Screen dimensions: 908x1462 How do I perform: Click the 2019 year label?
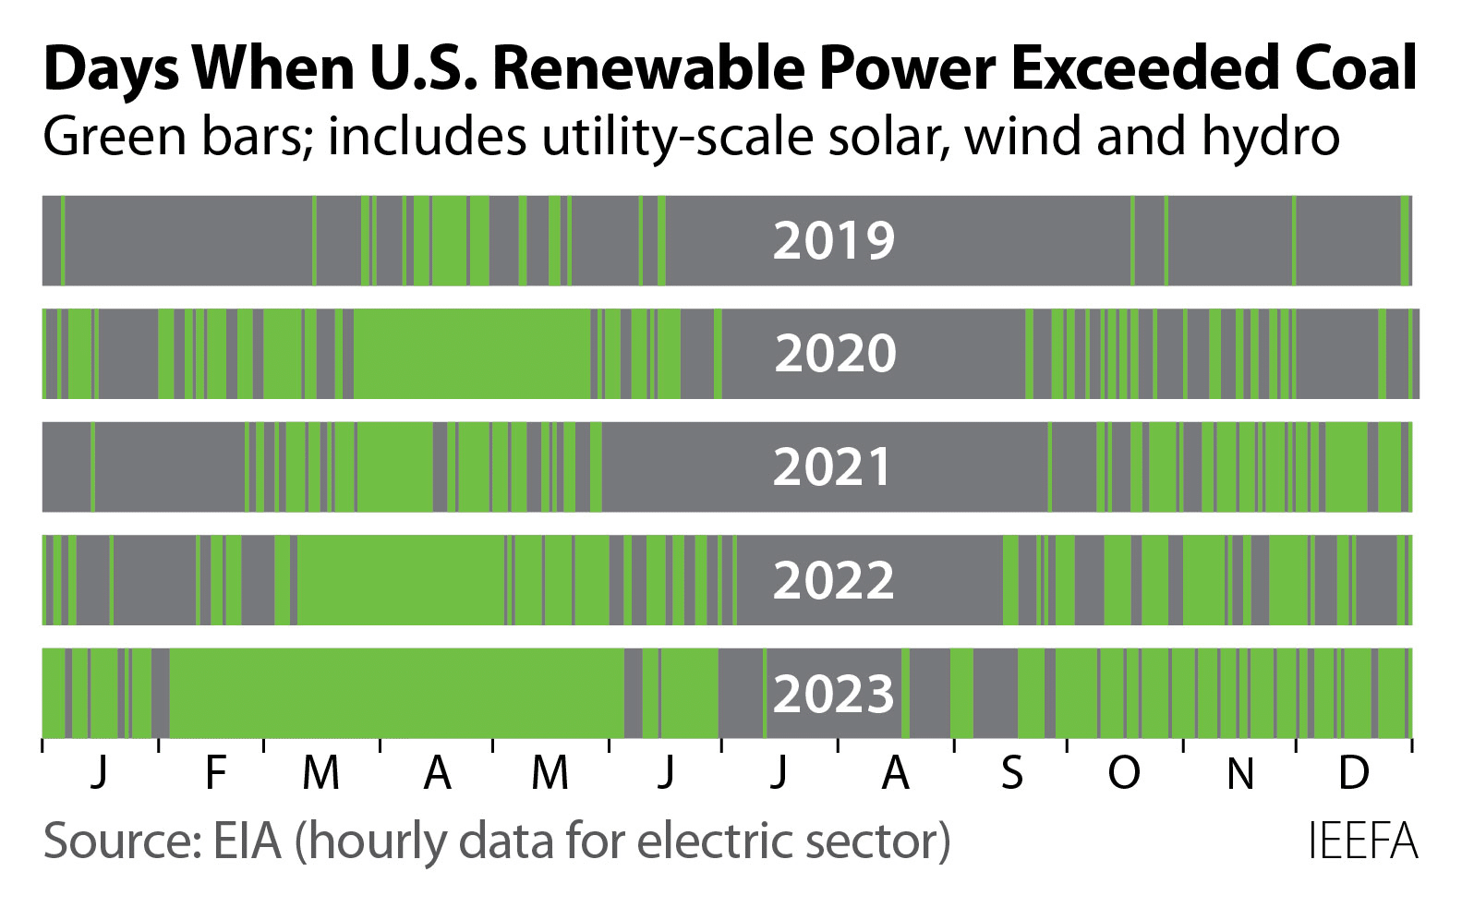click(x=833, y=240)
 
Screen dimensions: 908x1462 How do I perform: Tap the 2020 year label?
click(x=835, y=354)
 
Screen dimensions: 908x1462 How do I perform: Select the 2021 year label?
click(x=833, y=466)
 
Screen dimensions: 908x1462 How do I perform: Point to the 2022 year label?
click(x=833, y=580)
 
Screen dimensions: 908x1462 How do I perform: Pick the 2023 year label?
click(x=833, y=694)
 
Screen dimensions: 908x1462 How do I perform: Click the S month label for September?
click(x=1011, y=772)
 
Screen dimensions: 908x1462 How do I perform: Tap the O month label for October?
click(x=1124, y=772)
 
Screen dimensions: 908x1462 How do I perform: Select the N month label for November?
click(x=1240, y=772)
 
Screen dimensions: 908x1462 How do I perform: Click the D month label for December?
click(x=1353, y=772)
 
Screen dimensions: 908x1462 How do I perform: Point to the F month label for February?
click(x=214, y=772)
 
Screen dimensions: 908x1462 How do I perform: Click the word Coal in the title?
click(x=1347, y=69)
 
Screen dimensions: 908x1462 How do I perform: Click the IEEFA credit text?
click(x=1362, y=842)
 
